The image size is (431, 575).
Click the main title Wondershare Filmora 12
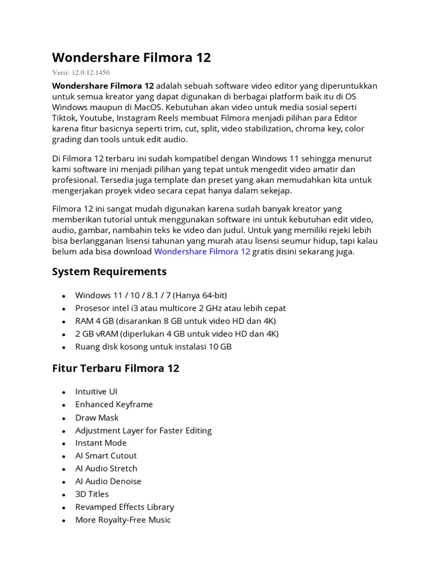(131, 58)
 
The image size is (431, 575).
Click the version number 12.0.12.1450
(94, 72)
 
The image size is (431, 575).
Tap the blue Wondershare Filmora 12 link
(202, 252)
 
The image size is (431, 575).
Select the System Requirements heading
(109, 272)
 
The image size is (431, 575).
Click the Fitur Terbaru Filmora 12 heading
(116, 368)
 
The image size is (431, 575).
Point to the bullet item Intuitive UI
(96, 391)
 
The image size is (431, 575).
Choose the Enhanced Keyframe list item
(114, 404)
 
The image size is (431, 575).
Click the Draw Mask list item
(97, 418)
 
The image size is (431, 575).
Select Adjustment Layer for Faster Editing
(143, 431)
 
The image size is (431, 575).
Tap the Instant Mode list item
(101, 443)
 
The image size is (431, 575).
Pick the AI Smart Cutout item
(106, 456)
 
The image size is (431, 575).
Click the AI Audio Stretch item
(106, 468)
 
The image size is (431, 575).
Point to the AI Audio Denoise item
(108, 481)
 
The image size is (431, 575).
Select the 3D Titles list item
(92, 494)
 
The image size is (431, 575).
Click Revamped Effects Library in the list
(125, 507)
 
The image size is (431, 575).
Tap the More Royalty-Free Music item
(123, 520)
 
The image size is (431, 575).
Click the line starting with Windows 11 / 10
(151, 295)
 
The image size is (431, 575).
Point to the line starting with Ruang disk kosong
(153, 346)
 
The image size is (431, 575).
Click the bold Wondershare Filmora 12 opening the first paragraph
(103, 86)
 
